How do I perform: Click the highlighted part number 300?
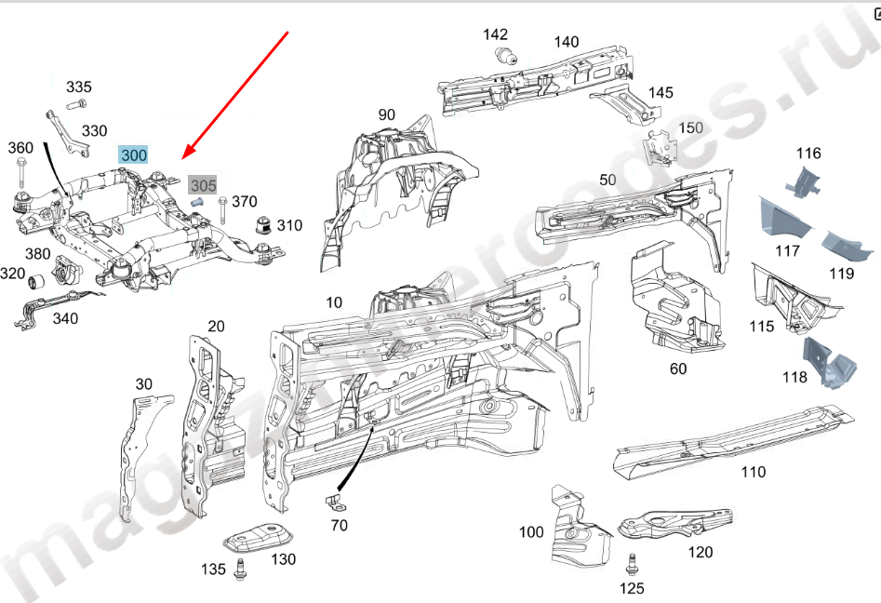click(x=133, y=154)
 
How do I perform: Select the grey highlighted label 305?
click(x=203, y=185)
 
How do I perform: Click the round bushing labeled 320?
click(x=40, y=281)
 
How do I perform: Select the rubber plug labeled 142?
click(x=506, y=56)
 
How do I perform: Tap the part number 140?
click(x=566, y=42)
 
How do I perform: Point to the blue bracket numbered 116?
click(x=804, y=180)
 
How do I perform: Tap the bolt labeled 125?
click(x=632, y=564)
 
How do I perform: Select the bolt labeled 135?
click(x=242, y=569)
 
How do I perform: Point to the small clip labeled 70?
click(x=335, y=502)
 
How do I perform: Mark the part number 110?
click(x=753, y=472)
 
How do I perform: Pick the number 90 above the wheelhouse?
click(x=386, y=114)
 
